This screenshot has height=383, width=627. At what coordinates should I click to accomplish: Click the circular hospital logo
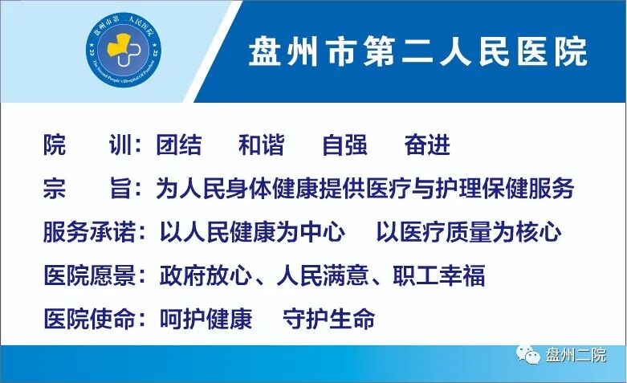(125, 52)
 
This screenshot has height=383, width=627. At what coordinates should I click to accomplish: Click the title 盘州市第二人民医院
(418, 51)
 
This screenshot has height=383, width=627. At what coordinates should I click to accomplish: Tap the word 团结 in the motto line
(179, 145)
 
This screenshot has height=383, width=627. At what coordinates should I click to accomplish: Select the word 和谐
(262, 145)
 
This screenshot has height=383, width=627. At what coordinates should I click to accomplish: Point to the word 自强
(344, 145)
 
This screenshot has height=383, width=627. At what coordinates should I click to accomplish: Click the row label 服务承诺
(88, 233)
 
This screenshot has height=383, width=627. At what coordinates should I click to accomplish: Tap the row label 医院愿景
(88, 275)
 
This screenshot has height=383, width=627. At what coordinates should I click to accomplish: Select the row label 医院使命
(88, 318)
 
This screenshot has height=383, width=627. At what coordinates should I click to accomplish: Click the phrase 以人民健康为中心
(252, 233)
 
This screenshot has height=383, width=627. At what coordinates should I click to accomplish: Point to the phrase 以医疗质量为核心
(469, 233)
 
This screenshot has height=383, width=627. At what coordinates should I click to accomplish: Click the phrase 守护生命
(329, 318)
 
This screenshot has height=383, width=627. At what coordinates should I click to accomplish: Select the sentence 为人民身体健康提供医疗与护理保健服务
(365, 189)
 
